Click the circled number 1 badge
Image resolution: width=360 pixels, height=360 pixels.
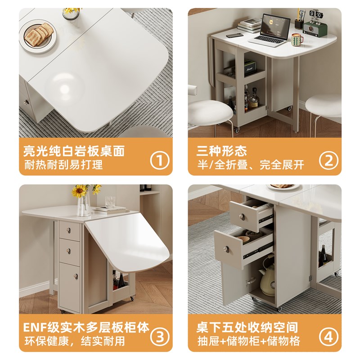pyautogui.click(x=159, y=160)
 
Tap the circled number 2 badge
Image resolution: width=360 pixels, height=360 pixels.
pyautogui.click(x=328, y=160)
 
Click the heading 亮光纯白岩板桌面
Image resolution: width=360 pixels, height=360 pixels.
pyautogui.click(x=74, y=150)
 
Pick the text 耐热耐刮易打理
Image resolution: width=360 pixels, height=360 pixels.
pyautogui.click(x=63, y=164)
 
